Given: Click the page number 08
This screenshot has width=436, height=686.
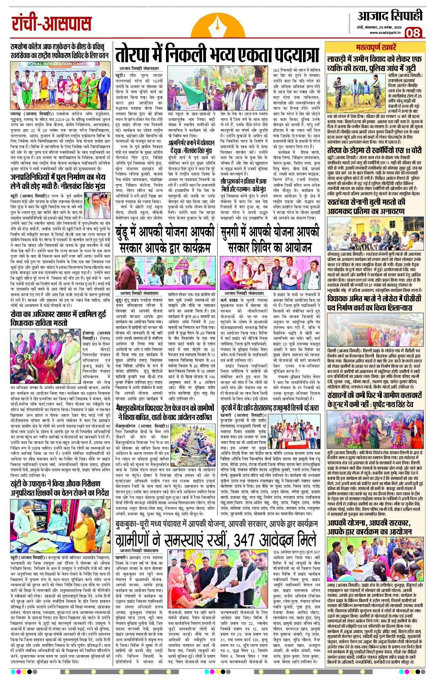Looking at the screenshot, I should (413, 33).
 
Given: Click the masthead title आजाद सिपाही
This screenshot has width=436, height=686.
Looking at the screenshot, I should (390, 16).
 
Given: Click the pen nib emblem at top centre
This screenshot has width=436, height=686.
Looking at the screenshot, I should (218, 25).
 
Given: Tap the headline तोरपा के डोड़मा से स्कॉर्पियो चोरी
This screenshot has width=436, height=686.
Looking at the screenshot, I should (374, 150).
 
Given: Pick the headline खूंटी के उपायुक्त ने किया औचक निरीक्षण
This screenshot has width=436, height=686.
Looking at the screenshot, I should (60, 488).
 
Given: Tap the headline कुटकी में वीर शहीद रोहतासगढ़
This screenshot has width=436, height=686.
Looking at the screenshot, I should (270, 408).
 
